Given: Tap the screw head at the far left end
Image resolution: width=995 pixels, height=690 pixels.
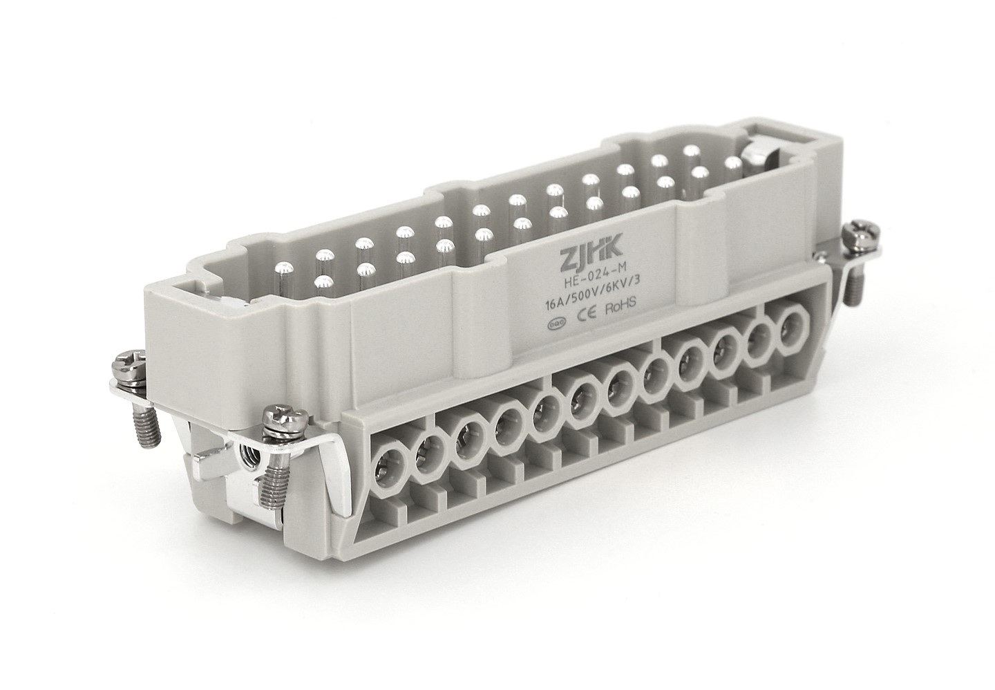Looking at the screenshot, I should [129, 364].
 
